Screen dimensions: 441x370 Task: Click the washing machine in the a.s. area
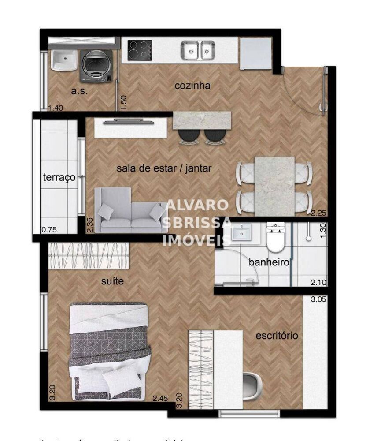click(x=95, y=66)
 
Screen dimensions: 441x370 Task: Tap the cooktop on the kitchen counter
click(x=140, y=50)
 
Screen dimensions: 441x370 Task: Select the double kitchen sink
click(x=198, y=50)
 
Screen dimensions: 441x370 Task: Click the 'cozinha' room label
click(x=192, y=86)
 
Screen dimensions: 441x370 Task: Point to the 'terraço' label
click(x=59, y=177)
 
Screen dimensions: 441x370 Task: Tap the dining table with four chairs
click(x=274, y=185)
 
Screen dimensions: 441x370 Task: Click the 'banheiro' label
click(x=269, y=263)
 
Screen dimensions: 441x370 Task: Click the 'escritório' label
click(x=277, y=336)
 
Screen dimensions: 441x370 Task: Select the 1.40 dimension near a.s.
click(x=56, y=107)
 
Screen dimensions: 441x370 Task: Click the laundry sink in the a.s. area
click(x=64, y=60)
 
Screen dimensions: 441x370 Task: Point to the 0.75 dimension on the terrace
click(x=49, y=229)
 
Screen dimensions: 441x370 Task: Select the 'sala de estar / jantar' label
click(x=164, y=168)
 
